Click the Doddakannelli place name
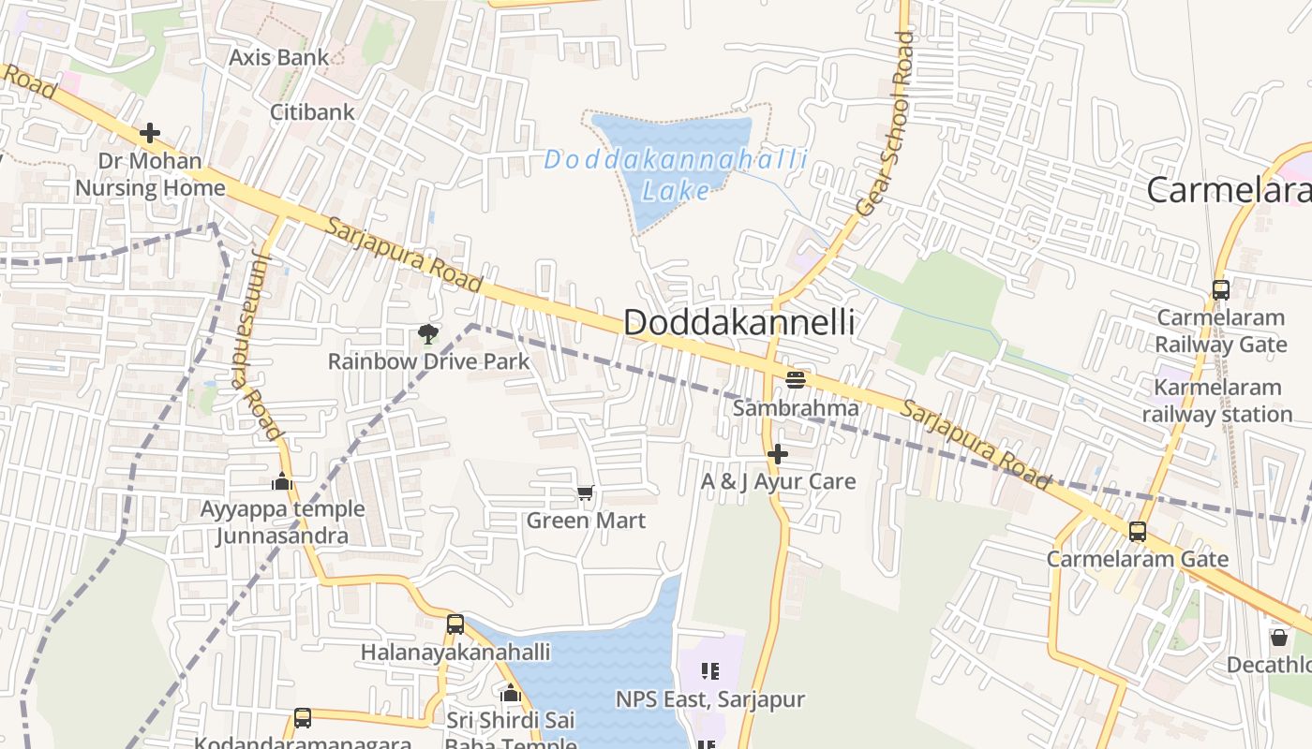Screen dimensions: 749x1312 point(738,322)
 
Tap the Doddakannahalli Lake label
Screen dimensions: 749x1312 point(675,174)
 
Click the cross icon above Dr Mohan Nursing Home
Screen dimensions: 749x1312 point(149,133)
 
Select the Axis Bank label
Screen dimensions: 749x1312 point(279,57)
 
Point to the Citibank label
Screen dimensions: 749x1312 point(312,112)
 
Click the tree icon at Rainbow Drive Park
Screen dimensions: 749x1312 point(428,334)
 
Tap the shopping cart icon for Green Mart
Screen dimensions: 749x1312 point(586,492)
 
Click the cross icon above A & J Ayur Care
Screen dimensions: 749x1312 point(777,454)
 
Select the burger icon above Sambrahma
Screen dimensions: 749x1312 point(796,379)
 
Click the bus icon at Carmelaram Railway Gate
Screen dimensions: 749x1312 point(1220,290)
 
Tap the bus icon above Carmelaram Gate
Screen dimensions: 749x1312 point(1137,532)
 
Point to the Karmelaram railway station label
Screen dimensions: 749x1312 point(1217,401)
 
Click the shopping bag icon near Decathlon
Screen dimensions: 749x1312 point(1279,638)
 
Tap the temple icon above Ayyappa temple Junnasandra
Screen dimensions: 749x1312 point(282,482)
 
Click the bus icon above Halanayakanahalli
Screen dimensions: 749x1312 point(455,624)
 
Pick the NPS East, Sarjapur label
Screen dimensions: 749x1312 point(709,699)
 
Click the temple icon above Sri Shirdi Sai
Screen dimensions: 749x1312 point(511,694)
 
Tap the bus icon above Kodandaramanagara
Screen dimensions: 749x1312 point(303,718)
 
